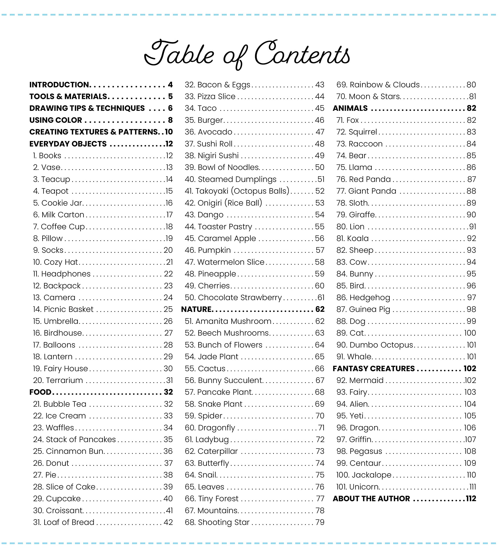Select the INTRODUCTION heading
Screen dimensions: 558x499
pyautogui.click(x=59, y=85)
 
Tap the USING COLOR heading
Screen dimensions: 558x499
pyautogui.click(x=56, y=120)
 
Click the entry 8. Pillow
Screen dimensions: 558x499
pyautogui.click(x=48, y=238)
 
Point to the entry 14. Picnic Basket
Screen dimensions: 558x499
pyautogui.click(x=63, y=310)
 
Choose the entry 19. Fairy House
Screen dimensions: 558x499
pyautogui.click(x=61, y=368)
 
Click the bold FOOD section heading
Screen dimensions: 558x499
pyautogui.click(x=40, y=392)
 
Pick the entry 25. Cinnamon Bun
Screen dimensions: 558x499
pyautogui.click(x=68, y=451)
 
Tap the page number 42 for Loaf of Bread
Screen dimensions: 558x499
pyautogui.click(x=168, y=522)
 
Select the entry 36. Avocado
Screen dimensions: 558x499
pyautogui.click(x=208, y=132)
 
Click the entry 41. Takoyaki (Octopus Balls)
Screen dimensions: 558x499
pyautogui.click(x=237, y=191)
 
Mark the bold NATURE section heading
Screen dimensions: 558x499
pyautogui.click(x=196, y=310)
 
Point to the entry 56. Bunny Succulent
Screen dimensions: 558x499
pyautogui.click(x=224, y=380)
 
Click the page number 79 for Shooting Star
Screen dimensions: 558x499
pyautogui.click(x=320, y=522)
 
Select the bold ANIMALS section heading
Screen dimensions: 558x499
pyautogui.click(x=350, y=108)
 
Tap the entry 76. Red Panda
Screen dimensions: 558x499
pyautogui.click(x=364, y=179)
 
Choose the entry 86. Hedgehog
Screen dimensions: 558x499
pyautogui.click(x=363, y=298)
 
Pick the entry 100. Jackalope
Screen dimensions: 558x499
pyautogui.click(x=364, y=475)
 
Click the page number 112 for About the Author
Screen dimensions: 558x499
pyautogui.click(x=471, y=498)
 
